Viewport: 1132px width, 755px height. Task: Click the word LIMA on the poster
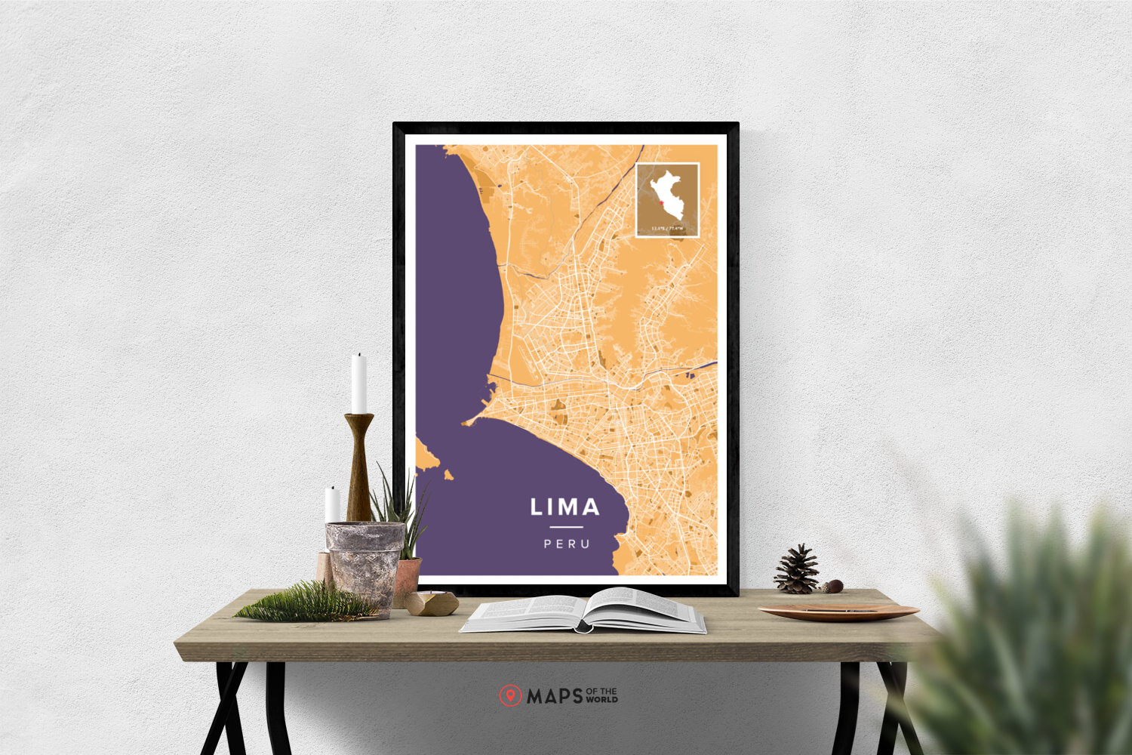pos(564,507)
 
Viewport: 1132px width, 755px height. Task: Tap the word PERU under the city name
pos(567,544)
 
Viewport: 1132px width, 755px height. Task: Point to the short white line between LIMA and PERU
pos(566,527)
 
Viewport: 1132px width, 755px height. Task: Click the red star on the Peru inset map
pos(661,202)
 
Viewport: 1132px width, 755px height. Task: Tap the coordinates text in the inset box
pos(667,228)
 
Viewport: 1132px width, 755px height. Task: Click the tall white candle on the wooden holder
pos(359,384)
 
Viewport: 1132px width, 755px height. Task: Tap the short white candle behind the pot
pos(332,504)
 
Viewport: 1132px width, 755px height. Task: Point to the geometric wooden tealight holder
pos(432,603)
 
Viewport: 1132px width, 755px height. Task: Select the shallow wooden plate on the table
pos(838,611)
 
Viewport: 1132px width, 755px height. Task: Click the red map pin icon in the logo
pos(510,695)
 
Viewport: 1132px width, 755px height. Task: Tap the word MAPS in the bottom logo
pos(555,696)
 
